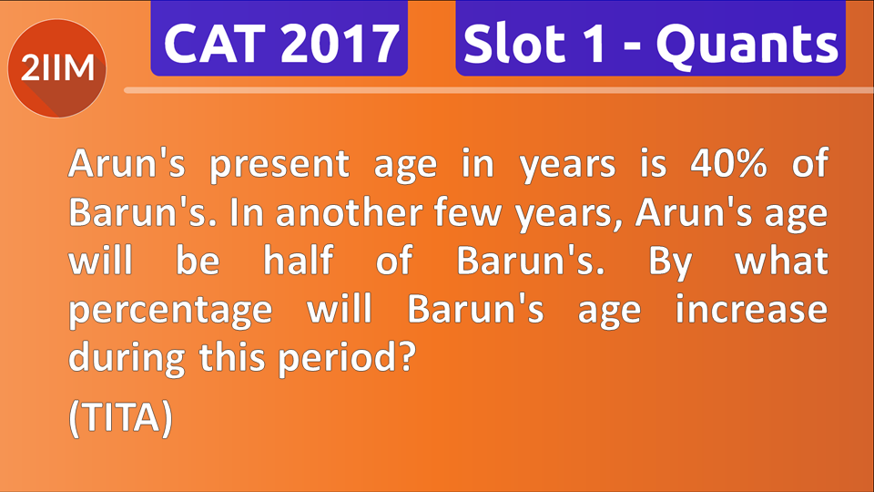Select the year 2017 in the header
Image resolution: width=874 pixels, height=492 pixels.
338,43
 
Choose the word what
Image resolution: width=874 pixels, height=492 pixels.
782,261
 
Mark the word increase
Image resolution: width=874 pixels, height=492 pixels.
751,309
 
